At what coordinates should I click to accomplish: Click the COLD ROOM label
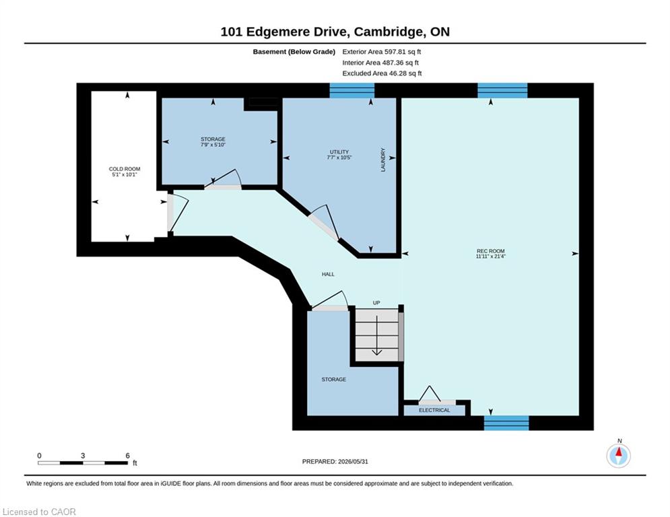point(125,169)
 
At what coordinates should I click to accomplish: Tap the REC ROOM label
point(490,251)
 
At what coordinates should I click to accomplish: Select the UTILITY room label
point(339,152)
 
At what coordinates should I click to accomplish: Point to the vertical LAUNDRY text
point(383,160)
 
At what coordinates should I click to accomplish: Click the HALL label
point(328,274)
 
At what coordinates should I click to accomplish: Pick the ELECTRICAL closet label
point(434,410)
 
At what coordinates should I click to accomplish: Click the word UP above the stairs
point(376,303)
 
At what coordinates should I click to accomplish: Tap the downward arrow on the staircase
point(376,336)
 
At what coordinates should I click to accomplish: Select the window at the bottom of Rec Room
point(506,423)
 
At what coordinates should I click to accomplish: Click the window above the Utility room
point(352,91)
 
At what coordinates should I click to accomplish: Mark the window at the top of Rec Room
point(502,91)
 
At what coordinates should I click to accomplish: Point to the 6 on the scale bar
point(127,456)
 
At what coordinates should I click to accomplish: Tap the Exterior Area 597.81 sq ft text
point(382,52)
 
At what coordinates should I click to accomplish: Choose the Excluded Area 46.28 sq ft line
point(382,73)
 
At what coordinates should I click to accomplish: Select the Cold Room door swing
point(177,213)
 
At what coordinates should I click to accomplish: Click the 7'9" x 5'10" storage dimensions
point(213,145)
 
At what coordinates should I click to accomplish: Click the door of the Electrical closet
point(437,394)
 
